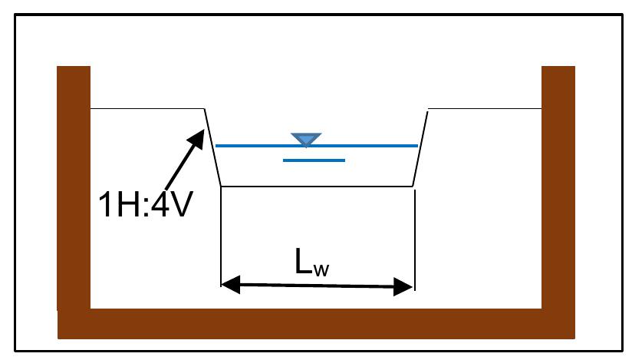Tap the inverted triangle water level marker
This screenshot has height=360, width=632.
(306, 139)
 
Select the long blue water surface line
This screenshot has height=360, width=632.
(253, 145)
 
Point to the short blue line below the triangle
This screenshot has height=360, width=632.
(314, 160)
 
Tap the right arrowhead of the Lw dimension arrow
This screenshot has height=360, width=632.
(406, 289)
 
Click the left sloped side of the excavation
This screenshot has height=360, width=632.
(213, 147)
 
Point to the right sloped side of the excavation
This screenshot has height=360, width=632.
(420, 147)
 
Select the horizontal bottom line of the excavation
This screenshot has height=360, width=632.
(318, 186)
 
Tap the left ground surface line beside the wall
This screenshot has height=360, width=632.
(146, 108)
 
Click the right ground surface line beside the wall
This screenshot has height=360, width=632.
(484, 108)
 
